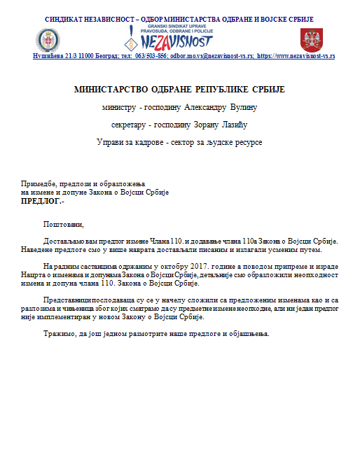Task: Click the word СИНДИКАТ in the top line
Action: click(66, 19)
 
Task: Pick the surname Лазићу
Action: click(231, 126)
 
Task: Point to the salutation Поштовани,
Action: click(63, 225)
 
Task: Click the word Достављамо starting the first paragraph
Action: click(64, 241)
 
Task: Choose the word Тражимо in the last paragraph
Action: click(59, 332)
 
